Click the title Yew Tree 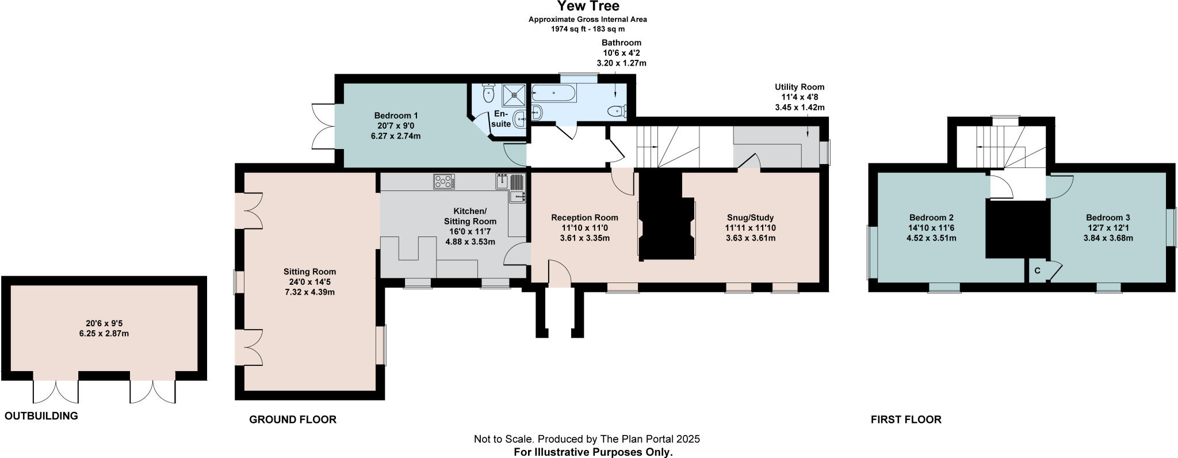point(588,6)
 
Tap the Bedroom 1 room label point(396,116)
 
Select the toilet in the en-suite point(489,93)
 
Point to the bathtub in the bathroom point(553,93)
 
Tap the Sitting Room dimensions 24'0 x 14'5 point(309,282)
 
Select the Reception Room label point(584,217)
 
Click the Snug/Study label point(750,217)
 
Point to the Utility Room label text point(800,87)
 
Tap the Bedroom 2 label point(931,217)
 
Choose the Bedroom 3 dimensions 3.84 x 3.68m point(1108,238)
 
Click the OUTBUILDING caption point(41,416)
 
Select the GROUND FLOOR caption point(292,419)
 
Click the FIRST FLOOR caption point(905,419)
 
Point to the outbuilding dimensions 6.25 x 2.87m point(104,333)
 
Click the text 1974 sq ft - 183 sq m point(588,28)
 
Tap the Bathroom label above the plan point(621,43)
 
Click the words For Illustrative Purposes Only point(592,452)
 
